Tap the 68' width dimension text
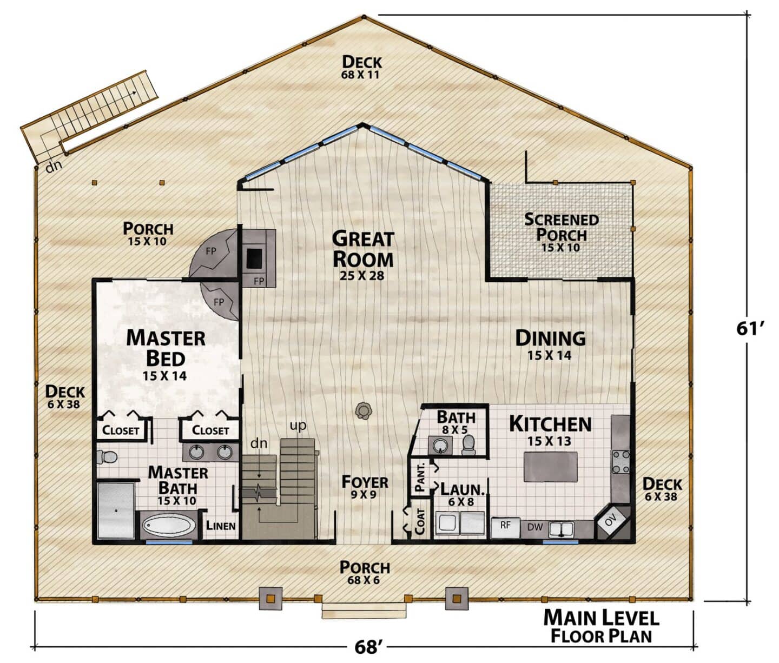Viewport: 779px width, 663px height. point(366,647)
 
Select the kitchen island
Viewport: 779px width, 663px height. point(550,467)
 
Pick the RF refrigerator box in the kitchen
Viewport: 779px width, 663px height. point(505,528)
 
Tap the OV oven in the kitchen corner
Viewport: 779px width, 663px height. point(612,522)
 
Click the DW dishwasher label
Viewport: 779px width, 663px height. point(535,527)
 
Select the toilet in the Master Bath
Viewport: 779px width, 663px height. point(107,458)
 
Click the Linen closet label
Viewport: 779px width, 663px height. point(221,526)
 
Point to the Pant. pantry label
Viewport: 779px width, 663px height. point(420,478)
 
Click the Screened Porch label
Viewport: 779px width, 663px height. point(561,232)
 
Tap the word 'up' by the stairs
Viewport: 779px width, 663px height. point(298,426)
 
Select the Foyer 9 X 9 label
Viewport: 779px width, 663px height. point(365,487)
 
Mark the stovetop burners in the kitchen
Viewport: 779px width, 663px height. point(621,462)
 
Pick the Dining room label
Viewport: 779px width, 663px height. point(550,344)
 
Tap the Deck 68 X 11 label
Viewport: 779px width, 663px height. point(361,67)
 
